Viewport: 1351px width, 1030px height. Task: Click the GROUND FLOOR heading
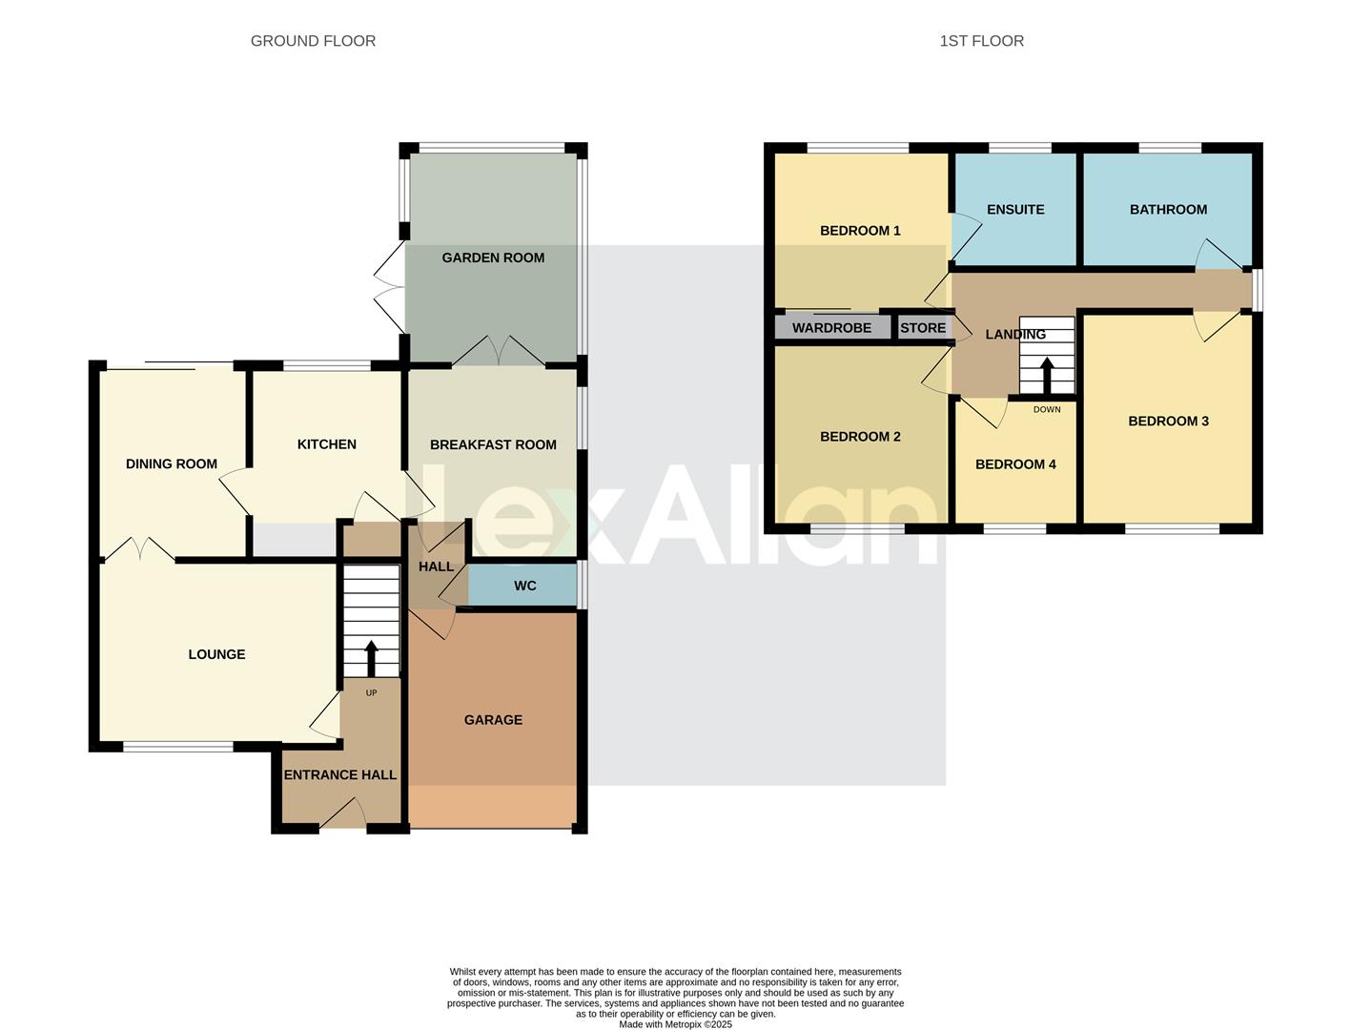coord(313,41)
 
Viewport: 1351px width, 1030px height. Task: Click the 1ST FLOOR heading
coord(981,41)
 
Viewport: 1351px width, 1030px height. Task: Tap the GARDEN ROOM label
coord(493,257)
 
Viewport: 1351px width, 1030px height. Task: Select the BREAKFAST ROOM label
coord(493,444)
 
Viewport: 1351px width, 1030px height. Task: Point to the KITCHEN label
coord(326,444)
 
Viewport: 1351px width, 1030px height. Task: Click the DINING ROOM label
coord(172,464)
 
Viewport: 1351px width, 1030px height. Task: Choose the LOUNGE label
coord(216,654)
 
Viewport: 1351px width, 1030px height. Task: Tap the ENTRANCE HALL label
coord(339,775)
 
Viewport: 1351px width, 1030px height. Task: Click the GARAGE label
coord(493,720)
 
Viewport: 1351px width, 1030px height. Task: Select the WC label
coord(525,586)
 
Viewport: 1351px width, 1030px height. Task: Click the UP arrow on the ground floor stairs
coord(371,658)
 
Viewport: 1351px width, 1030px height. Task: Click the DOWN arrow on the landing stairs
coord(1047,375)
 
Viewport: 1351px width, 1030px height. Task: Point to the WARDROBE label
coord(831,328)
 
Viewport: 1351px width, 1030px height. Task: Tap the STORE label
coord(923,328)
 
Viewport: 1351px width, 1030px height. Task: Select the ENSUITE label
coord(1015,210)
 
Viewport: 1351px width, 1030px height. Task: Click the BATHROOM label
coord(1168,210)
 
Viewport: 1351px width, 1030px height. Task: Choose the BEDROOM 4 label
coord(1015,464)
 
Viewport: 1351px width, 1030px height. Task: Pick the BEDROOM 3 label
coord(1168,422)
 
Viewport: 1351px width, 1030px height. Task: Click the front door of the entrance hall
coord(343,816)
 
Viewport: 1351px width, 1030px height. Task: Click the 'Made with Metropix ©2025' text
coord(675,1024)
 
